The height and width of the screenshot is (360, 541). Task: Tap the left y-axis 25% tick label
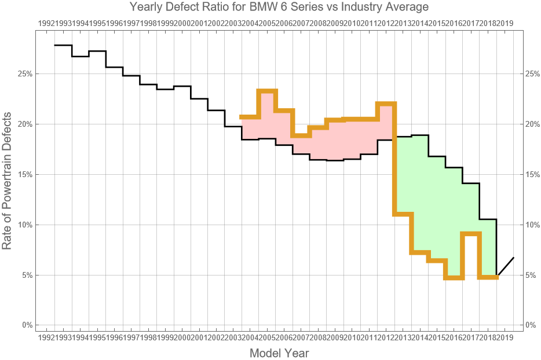pyautogui.click(x=25, y=74)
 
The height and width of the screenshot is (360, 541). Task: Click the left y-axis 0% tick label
pyautogui.click(x=27, y=325)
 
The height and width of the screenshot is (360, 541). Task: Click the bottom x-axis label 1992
pyautogui.click(x=46, y=337)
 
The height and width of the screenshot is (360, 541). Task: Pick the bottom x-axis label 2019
pyautogui.click(x=505, y=337)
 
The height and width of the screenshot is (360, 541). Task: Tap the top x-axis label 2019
pyautogui.click(x=505, y=23)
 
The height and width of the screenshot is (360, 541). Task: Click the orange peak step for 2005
pyautogui.click(x=267, y=91)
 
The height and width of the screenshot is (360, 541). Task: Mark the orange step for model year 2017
pyautogui.click(x=471, y=234)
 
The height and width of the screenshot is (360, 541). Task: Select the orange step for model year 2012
pyautogui.click(x=386, y=104)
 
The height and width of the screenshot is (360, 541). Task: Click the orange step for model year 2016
pyautogui.click(x=454, y=278)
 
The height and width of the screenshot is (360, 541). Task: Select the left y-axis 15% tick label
pyautogui.click(x=25, y=174)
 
